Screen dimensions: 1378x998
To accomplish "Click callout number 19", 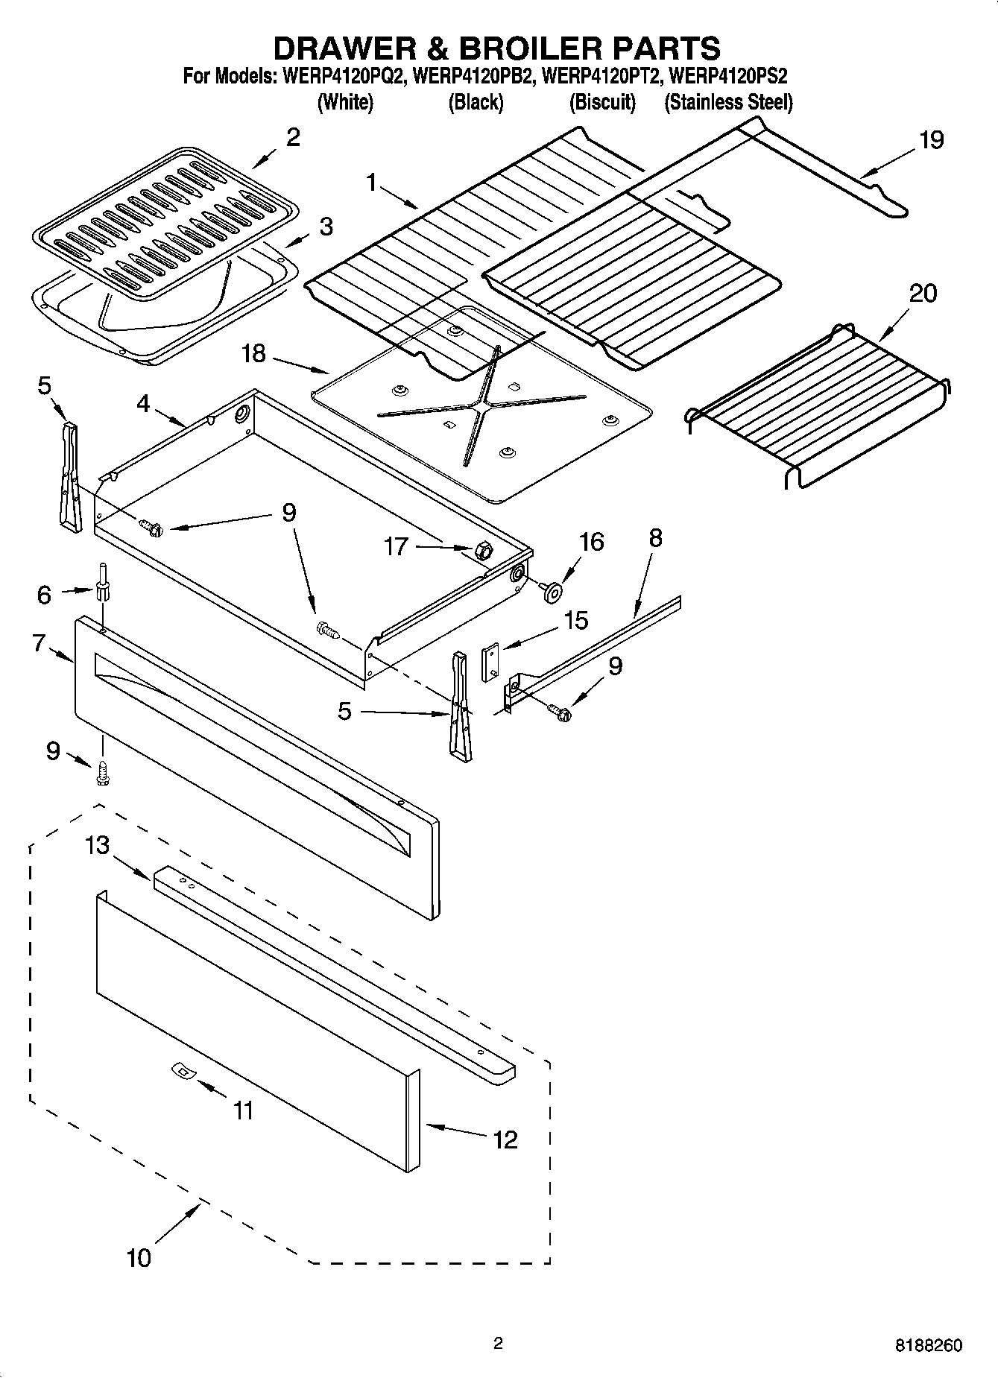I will (x=931, y=140).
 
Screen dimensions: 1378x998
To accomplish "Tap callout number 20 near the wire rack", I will (x=922, y=293).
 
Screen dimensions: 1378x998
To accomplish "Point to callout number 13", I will (x=97, y=845).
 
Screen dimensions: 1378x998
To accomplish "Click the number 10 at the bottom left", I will (x=139, y=1257).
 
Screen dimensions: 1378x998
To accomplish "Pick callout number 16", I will (x=591, y=542).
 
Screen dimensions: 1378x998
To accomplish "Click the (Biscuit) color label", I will (x=602, y=103).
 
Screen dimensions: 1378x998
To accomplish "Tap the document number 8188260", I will (x=928, y=1346).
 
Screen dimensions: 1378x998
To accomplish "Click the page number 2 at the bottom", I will (x=498, y=1344).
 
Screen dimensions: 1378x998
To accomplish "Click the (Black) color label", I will (x=476, y=103).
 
